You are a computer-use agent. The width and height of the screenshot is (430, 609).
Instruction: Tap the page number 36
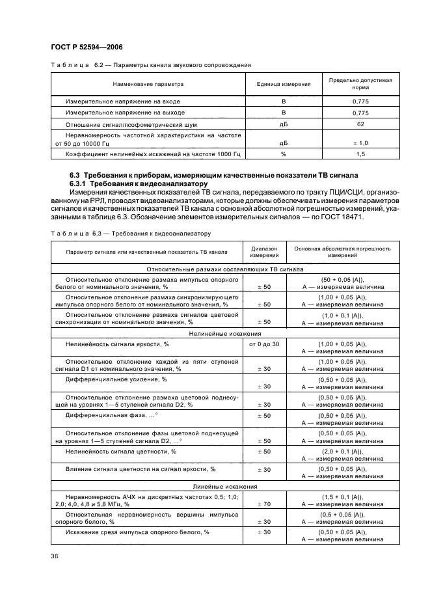tap(55, 555)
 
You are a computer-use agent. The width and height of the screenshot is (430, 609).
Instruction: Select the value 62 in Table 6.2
tap(360, 124)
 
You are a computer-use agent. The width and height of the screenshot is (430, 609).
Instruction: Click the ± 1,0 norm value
tap(360, 142)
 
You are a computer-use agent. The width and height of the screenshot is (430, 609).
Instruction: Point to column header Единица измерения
tap(283, 84)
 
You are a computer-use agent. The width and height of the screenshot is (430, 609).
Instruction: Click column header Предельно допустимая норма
tap(360, 83)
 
